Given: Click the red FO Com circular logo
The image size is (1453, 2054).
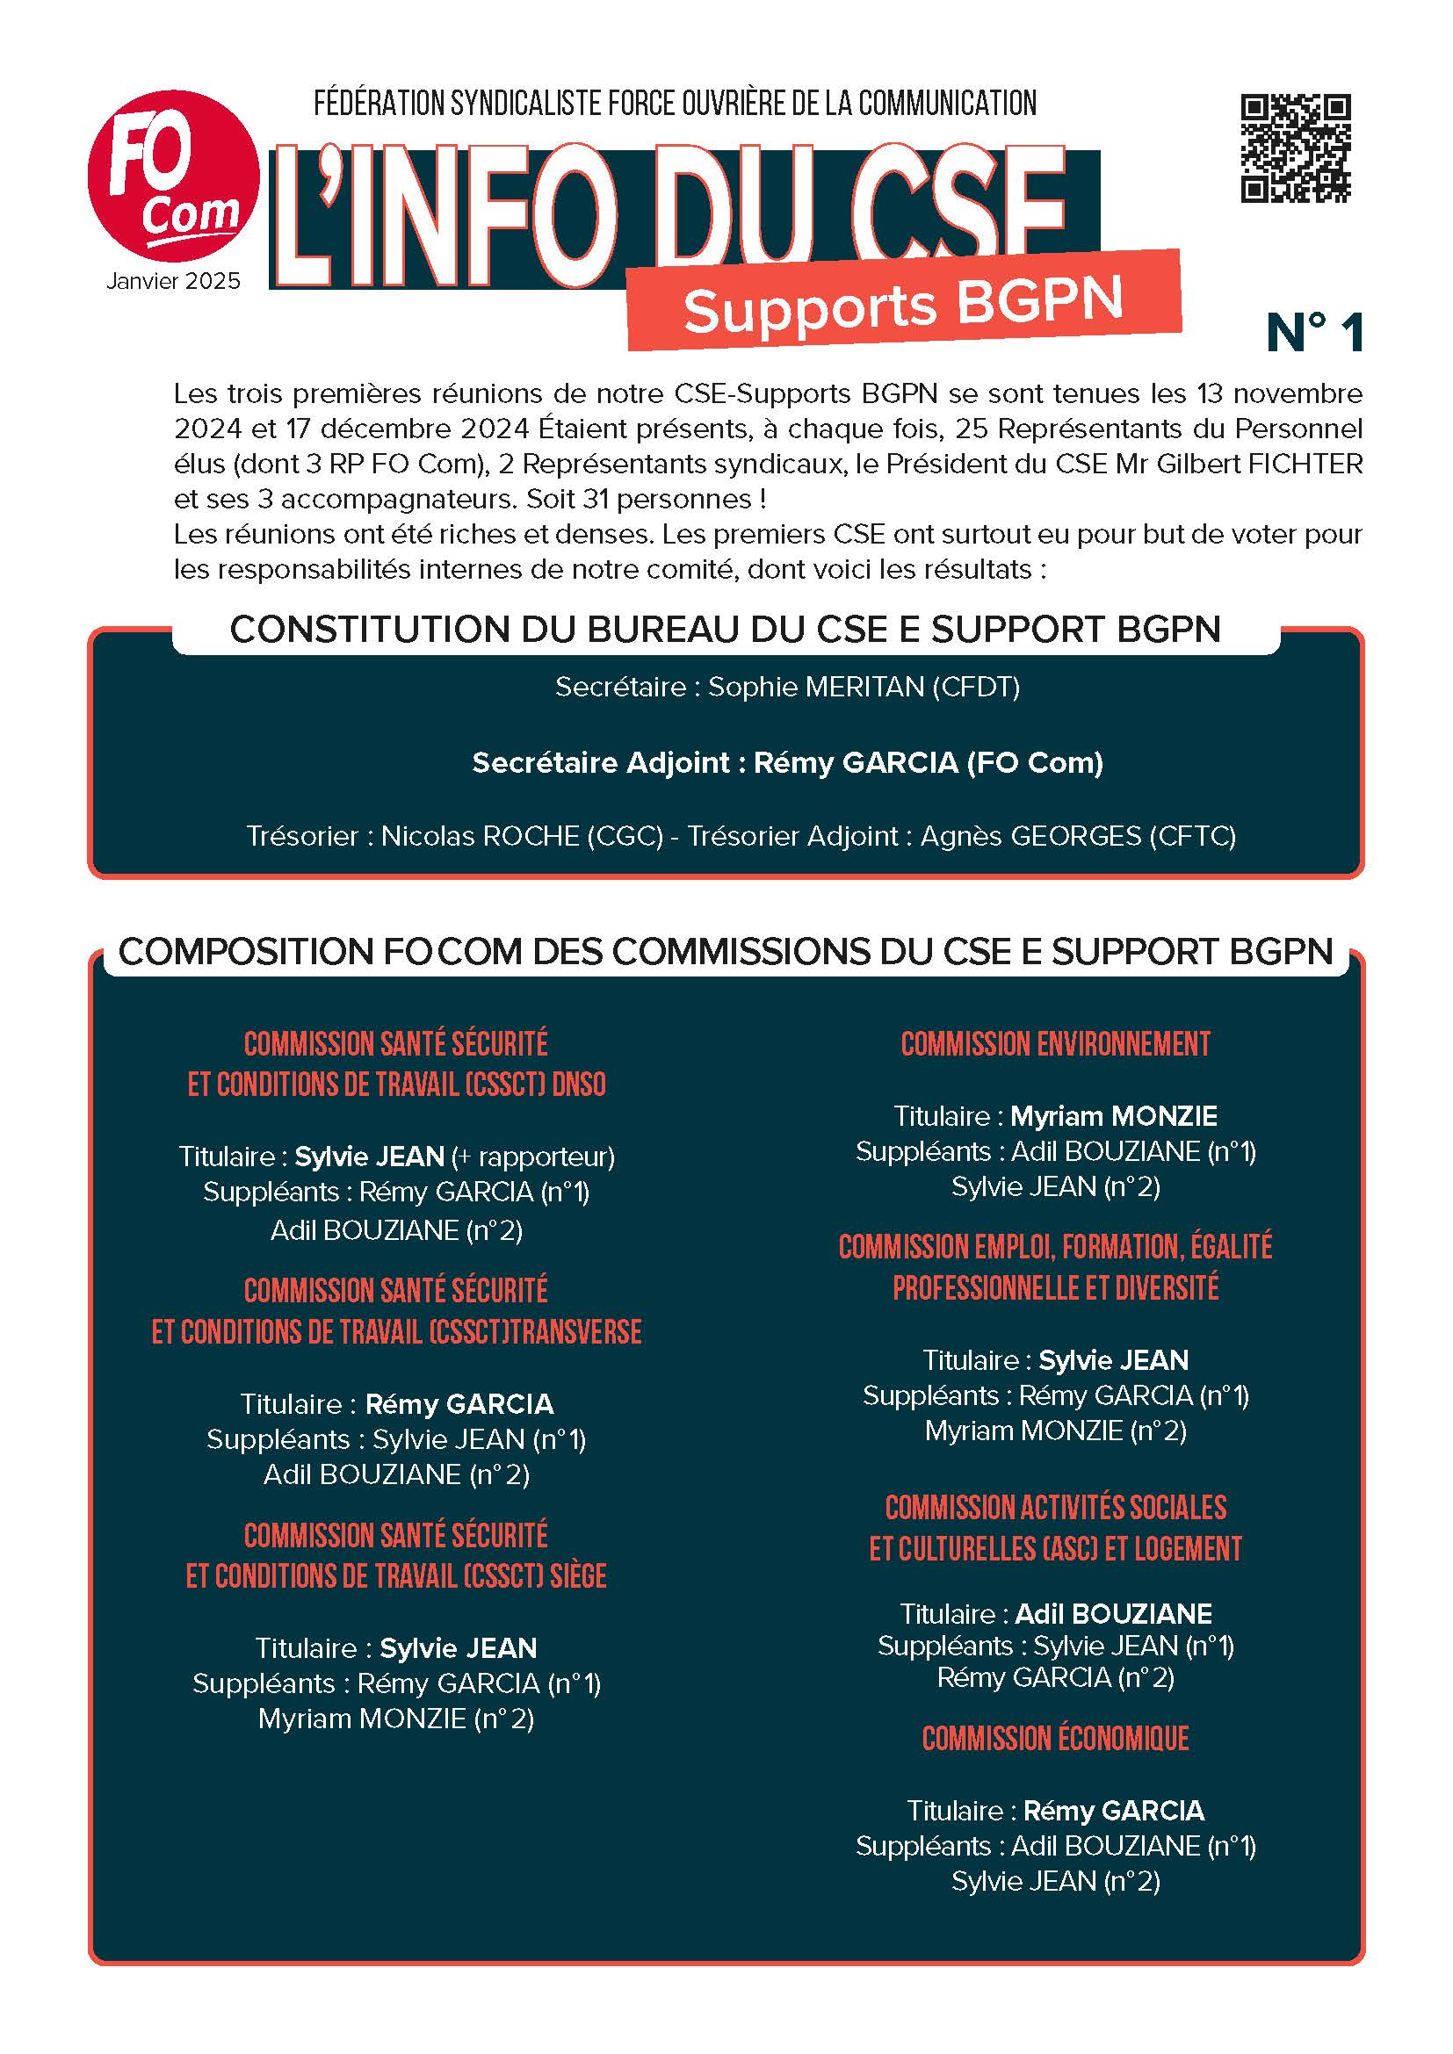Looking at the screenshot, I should point(173,177).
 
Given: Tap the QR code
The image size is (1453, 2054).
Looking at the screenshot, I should point(1295,148).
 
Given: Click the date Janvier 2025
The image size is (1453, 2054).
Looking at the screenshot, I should point(174,281).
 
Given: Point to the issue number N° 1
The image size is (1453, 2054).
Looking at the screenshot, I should point(1314,333).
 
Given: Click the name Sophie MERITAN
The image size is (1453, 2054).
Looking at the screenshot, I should point(816,687).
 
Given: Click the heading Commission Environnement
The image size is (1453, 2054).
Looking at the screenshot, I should point(1055,1044).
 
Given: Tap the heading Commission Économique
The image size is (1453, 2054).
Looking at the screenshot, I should point(1055,1738).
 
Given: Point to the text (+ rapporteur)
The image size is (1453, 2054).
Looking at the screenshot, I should point(533,1157).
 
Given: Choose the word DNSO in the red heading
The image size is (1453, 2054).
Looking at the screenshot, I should point(579,1085).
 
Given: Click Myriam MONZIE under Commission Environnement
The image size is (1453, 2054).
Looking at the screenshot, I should point(1113,1116).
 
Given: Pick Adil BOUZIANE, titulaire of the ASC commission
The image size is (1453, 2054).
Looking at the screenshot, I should point(1113,1614).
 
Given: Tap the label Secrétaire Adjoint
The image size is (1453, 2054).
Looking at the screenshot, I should point(601,762).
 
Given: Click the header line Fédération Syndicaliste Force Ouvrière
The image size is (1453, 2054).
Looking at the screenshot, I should point(675,104).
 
